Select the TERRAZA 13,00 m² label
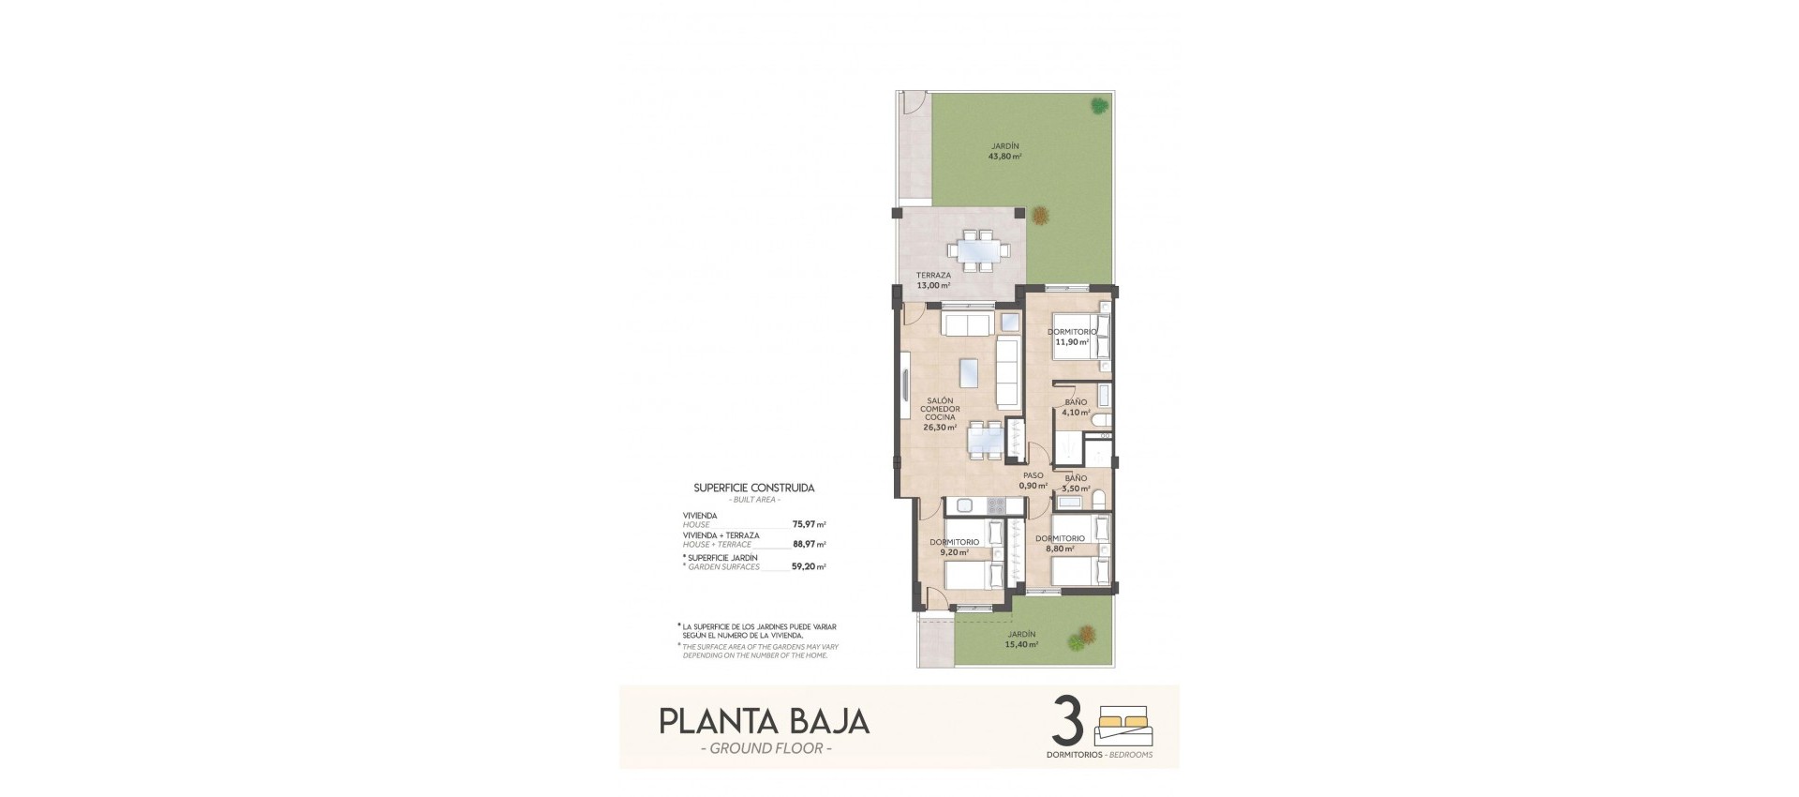(x=933, y=280)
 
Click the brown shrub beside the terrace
(x=1040, y=216)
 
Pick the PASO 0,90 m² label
(x=1033, y=480)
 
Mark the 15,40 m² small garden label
(x=1021, y=639)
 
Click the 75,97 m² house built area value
(x=809, y=525)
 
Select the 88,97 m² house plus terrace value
(x=809, y=544)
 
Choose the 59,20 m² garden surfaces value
(x=809, y=566)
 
